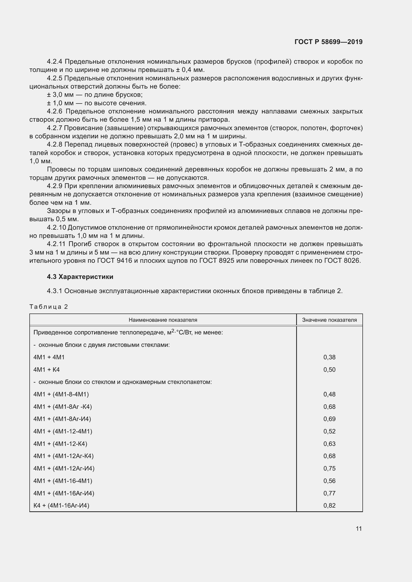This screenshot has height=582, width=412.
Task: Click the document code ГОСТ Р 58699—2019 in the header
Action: (328, 42)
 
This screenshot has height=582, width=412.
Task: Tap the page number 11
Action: (358, 529)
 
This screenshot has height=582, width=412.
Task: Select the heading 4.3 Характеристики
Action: (80, 276)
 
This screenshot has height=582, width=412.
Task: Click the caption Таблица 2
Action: (49, 307)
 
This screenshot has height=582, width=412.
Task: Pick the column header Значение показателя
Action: (329, 320)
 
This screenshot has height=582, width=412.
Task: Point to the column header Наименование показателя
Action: (163, 320)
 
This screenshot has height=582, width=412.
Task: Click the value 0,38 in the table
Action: (329, 357)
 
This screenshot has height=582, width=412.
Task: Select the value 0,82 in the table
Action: (329, 505)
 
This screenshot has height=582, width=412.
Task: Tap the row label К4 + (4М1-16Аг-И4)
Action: (61, 505)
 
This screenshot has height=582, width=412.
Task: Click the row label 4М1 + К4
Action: (46, 370)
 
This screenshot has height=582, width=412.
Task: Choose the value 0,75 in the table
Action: (329, 469)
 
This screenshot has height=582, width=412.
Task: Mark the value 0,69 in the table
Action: (329, 419)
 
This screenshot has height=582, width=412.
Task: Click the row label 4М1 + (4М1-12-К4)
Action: (60, 444)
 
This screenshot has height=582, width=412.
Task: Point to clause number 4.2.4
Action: (54, 62)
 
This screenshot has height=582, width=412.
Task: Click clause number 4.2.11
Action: (56, 244)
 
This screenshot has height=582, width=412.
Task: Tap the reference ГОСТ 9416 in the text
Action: (114, 261)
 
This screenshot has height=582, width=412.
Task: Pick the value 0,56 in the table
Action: (329, 481)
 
